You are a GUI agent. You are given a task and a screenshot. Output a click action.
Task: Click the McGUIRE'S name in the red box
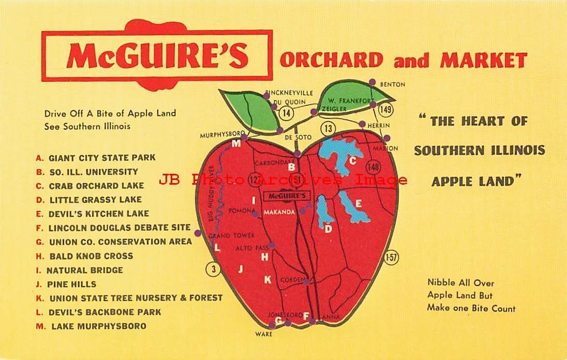[x=157, y=56]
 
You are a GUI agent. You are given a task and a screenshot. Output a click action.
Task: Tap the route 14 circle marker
[x=285, y=112]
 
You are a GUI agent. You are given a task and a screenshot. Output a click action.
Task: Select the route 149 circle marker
[x=384, y=109]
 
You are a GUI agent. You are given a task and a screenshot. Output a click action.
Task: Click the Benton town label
[x=392, y=84]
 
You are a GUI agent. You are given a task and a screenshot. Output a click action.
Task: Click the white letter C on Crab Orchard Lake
[x=353, y=160]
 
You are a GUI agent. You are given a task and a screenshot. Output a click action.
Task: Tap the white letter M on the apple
[x=236, y=143]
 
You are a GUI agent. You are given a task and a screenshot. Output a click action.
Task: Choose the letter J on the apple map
[x=240, y=268]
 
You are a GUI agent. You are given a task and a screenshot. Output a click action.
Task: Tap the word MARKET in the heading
[x=483, y=61]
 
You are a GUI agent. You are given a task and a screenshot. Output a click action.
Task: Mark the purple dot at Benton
[x=372, y=82]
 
